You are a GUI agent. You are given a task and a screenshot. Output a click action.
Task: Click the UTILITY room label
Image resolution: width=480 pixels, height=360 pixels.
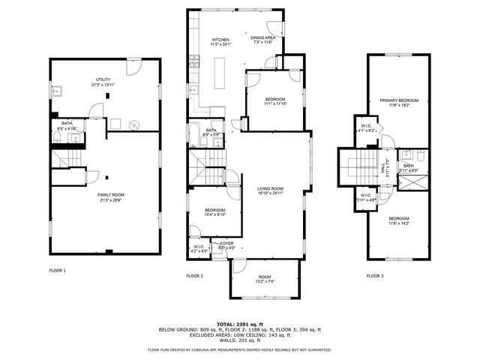102,79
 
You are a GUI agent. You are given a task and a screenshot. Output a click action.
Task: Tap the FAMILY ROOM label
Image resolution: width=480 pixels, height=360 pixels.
109,195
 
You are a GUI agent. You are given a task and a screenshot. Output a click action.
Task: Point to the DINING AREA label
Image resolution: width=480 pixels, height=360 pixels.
262,37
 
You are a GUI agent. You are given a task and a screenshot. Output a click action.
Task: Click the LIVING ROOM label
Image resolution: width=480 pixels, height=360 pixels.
270,188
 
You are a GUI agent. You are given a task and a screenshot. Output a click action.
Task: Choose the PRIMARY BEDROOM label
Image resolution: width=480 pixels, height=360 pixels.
398,100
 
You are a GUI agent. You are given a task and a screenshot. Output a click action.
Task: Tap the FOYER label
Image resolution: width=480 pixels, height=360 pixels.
226,244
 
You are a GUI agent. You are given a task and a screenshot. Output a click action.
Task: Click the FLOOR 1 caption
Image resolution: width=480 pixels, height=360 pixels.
58,270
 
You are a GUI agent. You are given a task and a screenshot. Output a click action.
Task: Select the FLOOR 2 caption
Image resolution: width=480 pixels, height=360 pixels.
195,276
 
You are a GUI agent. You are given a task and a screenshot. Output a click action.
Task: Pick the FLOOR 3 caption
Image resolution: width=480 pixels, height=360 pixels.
375,276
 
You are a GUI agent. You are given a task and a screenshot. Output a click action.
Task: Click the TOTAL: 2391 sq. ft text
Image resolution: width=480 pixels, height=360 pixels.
239,324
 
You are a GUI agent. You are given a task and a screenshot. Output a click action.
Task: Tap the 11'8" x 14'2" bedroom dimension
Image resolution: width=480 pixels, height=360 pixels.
398,223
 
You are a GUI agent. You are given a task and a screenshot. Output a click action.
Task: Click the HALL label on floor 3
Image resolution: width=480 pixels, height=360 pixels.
384,171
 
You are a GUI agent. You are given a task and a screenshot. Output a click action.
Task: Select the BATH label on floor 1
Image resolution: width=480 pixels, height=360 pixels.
67,124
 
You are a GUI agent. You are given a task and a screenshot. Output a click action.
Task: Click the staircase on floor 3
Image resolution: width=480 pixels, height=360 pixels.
358,165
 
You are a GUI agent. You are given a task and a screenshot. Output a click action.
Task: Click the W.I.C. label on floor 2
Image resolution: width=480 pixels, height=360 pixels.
199,247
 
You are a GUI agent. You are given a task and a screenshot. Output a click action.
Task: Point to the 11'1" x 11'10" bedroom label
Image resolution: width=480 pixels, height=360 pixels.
275,103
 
